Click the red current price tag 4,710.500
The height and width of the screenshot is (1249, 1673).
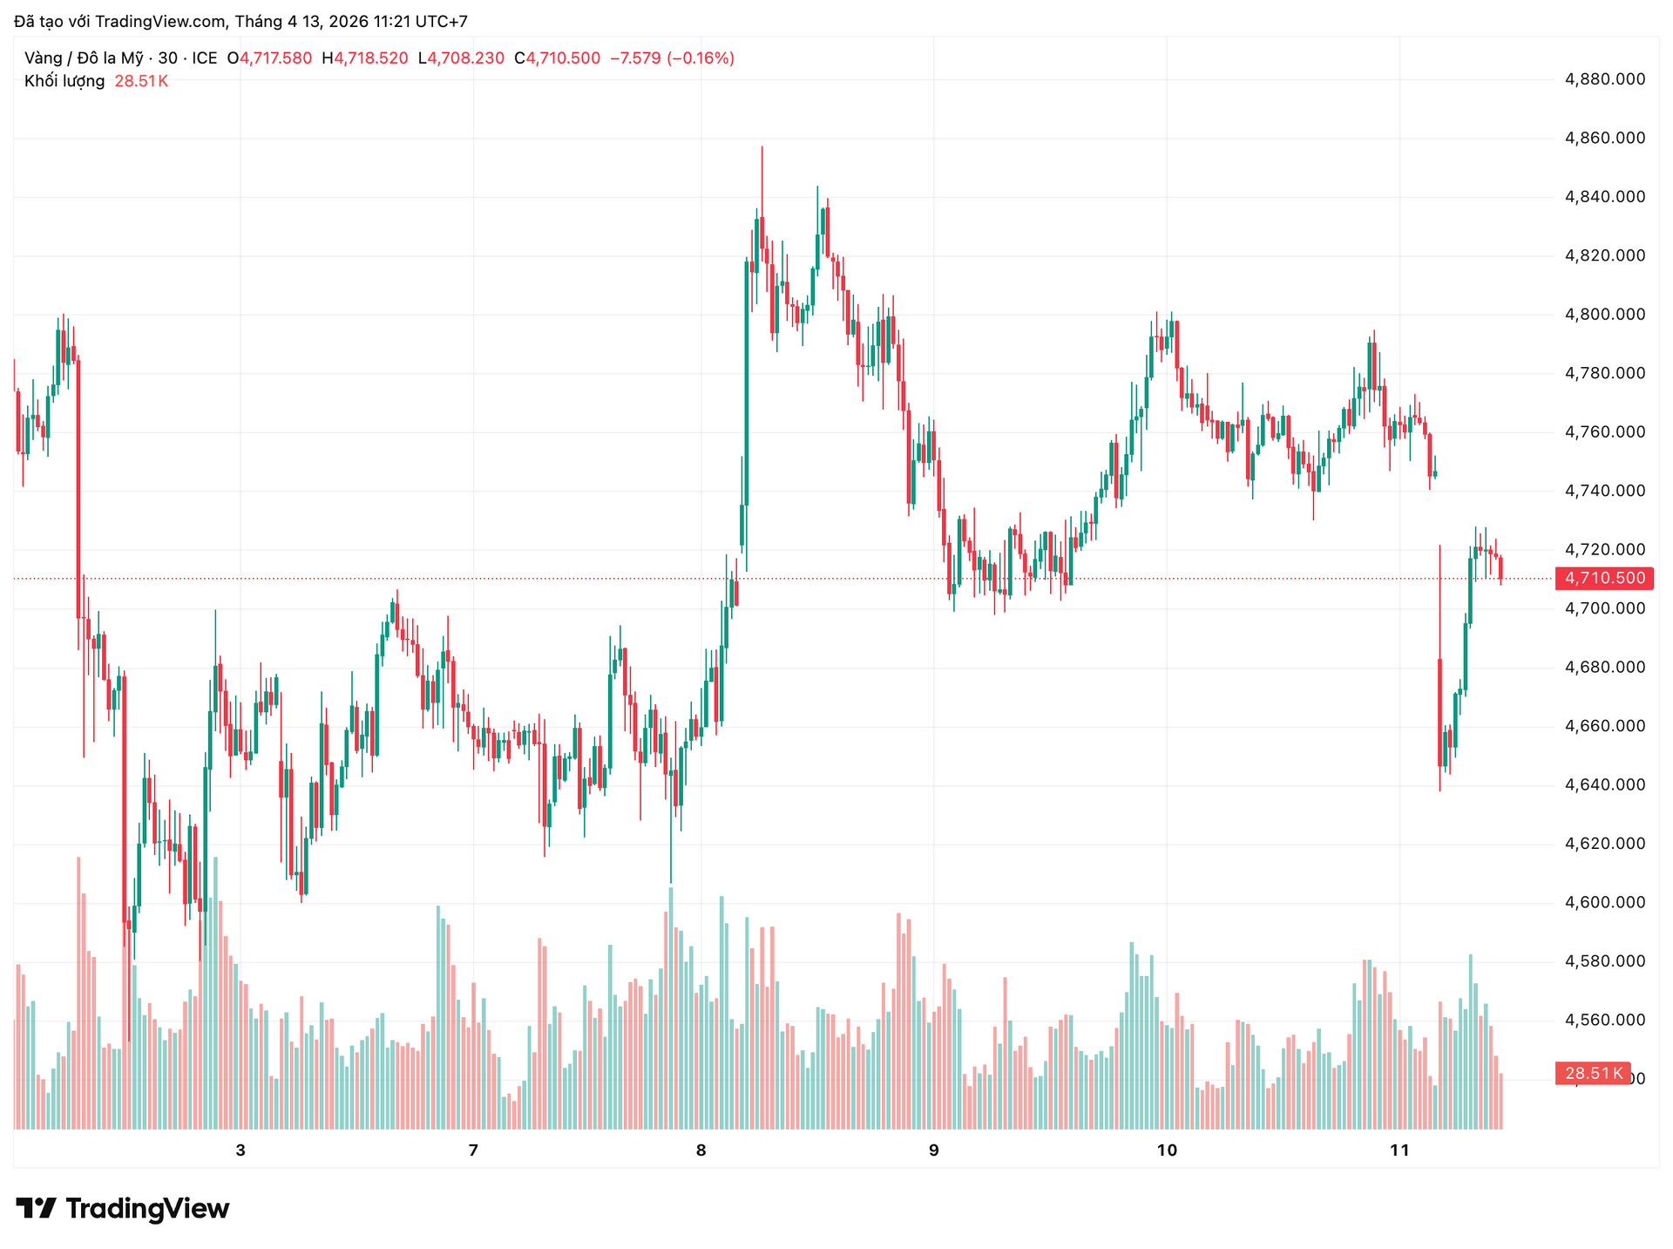pos(1604,578)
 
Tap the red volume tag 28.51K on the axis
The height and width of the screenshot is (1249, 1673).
pos(1593,1073)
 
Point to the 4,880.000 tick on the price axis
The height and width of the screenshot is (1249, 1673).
pos(1605,79)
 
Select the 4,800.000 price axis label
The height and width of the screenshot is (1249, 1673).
pos(1605,315)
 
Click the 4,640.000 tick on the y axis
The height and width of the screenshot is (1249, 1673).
pos(1605,785)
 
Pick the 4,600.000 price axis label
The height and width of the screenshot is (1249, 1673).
pos(1605,903)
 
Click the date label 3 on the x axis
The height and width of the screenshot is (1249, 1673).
pos(240,1151)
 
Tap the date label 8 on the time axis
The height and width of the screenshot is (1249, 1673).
pos(701,1151)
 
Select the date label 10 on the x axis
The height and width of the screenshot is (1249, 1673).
pos(1166,1151)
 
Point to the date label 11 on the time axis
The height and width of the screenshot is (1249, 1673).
pos(1399,1151)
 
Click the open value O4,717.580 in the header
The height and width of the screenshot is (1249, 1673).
pos(269,58)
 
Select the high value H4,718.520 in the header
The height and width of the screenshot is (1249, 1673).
pos(365,58)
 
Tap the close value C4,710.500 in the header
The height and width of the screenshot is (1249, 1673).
pos(557,58)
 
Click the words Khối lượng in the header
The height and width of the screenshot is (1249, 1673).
pos(64,81)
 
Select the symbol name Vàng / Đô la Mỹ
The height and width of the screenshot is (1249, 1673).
pos(84,58)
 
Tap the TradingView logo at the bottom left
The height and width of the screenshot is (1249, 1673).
pos(123,1209)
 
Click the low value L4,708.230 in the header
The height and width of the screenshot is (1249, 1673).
pos(461,58)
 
